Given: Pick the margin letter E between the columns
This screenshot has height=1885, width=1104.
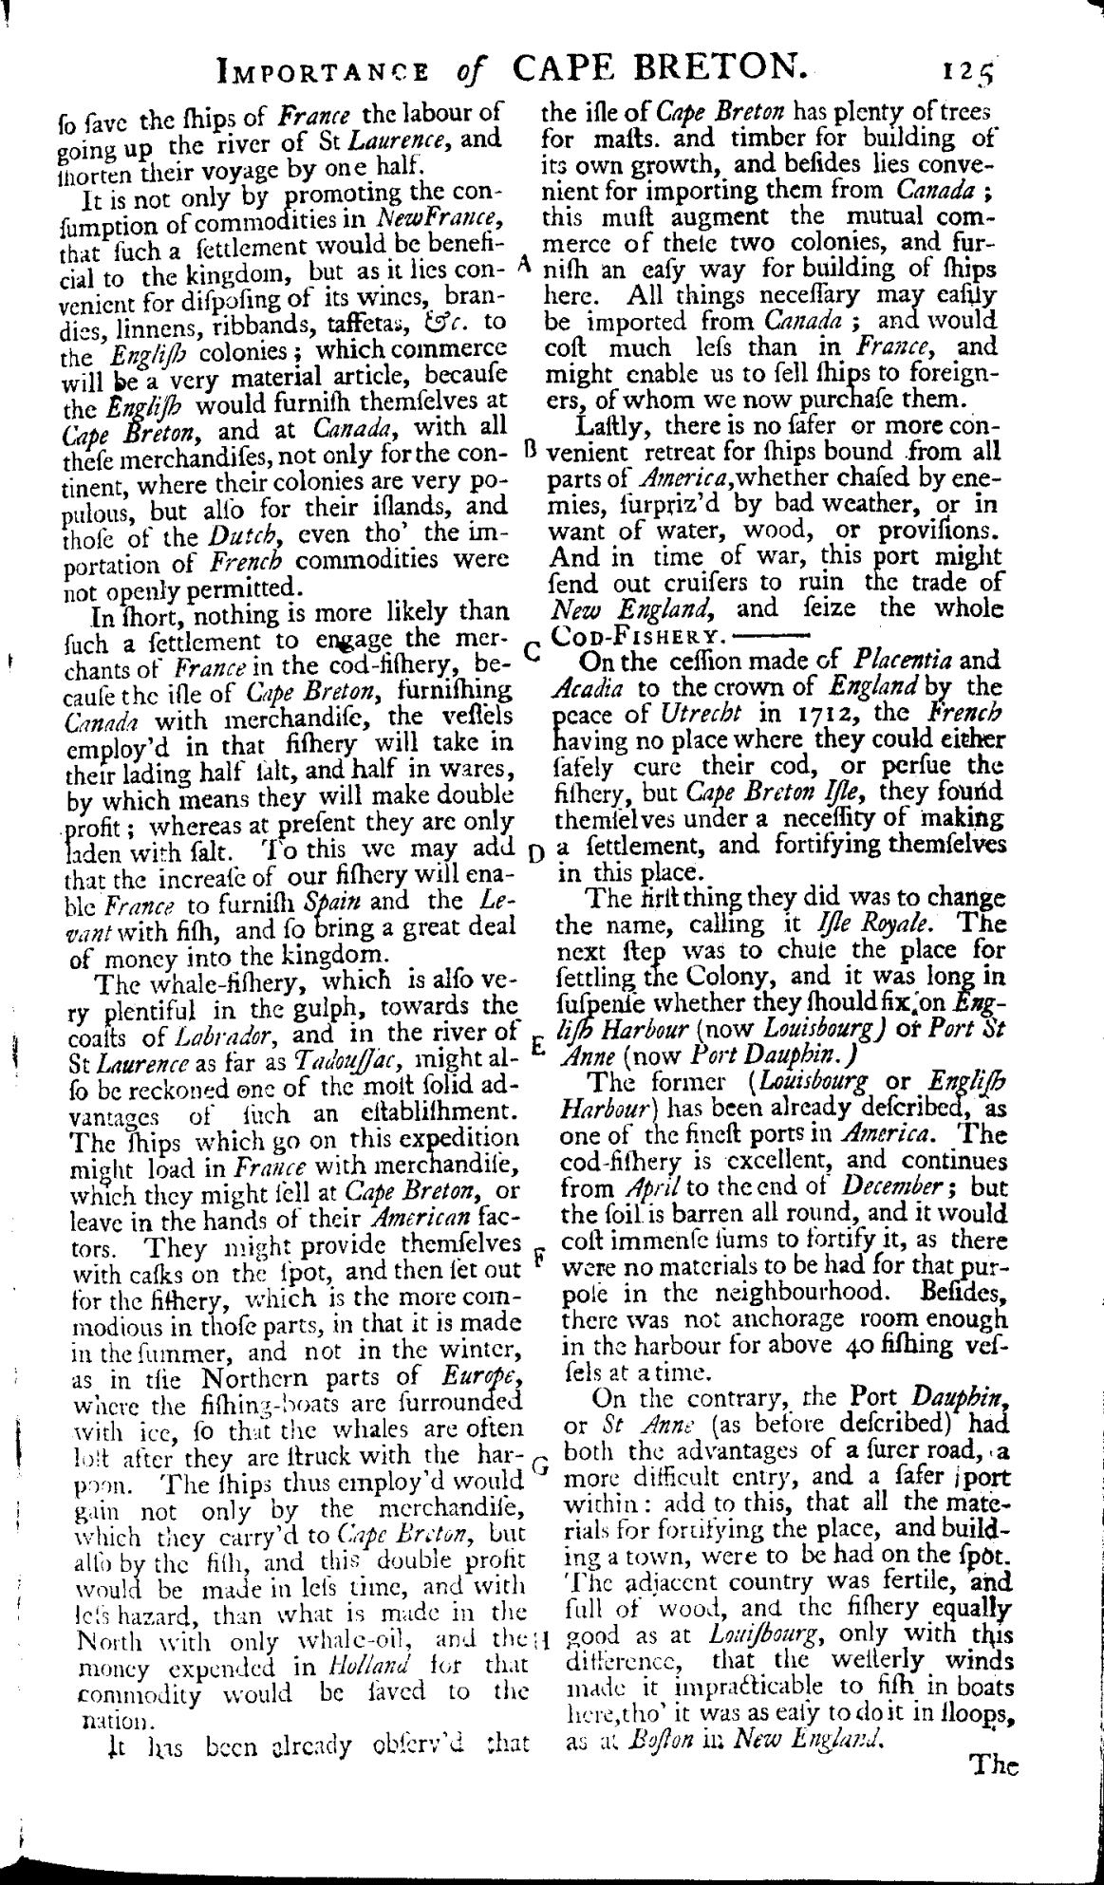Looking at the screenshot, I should point(534,1047).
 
